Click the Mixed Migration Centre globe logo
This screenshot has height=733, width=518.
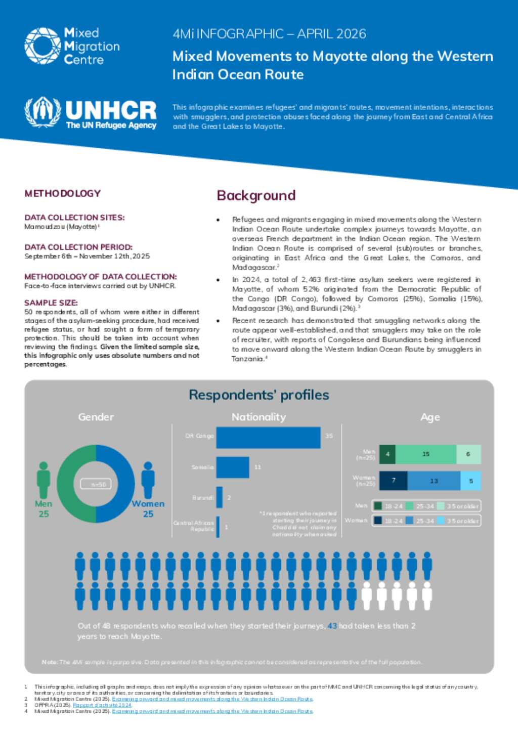pyautogui.click(x=42, y=46)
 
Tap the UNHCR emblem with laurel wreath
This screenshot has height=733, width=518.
pyautogui.click(x=42, y=112)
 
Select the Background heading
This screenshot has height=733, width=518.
pyautogui.click(x=256, y=196)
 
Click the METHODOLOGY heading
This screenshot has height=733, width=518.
pyautogui.click(x=63, y=193)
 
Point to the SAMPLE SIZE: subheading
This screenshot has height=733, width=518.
pyautogui.click(x=51, y=303)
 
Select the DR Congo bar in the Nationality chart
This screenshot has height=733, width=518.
pyautogui.click(x=268, y=438)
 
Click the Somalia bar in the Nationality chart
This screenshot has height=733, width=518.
pyautogui.click(x=233, y=467)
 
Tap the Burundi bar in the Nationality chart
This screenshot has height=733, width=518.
pyautogui.click(x=220, y=497)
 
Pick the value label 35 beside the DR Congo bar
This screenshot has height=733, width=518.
pyautogui.click(x=329, y=436)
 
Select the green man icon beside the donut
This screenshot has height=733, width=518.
pyautogui.click(x=44, y=480)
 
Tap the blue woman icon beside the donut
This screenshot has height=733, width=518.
pyautogui.click(x=148, y=480)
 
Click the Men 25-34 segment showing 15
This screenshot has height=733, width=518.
pyautogui.click(x=425, y=454)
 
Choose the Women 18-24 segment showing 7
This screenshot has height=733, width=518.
pyautogui.click(x=393, y=481)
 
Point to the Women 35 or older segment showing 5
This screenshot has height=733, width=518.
pyautogui.click(x=470, y=481)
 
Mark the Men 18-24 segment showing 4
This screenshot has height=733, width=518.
pyautogui.click(x=387, y=454)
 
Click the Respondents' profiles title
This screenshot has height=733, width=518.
pyautogui.click(x=259, y=395)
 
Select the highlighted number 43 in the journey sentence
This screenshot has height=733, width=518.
pyautogui.click(x=332, y=626)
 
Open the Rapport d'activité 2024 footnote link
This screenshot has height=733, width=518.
pyautogui.click(x=102, y=705)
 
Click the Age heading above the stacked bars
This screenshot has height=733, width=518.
pyautogui.click(x=430, y=417)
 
